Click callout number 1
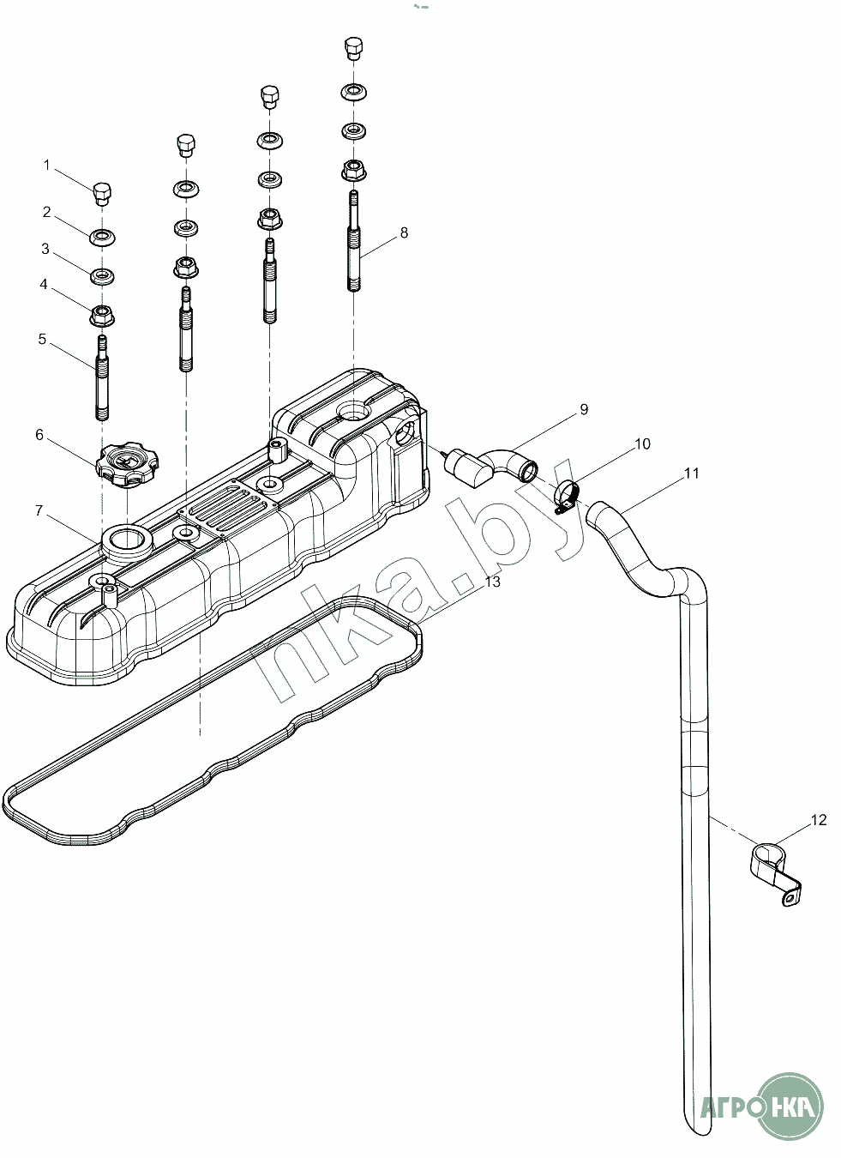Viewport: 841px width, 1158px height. [x=47, y=166]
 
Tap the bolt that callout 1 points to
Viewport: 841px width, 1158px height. [x=102, y=194]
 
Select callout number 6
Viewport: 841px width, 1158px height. [x=39, y=435]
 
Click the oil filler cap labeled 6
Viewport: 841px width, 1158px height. [x=128, y=464]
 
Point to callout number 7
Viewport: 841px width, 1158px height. [x=39, y=510]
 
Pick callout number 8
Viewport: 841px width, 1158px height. [x=404, y=232]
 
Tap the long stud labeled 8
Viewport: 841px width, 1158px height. [x=353, y=241]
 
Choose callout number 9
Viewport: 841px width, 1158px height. [x=584, y=409]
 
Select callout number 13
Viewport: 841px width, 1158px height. [x=493, y=582]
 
